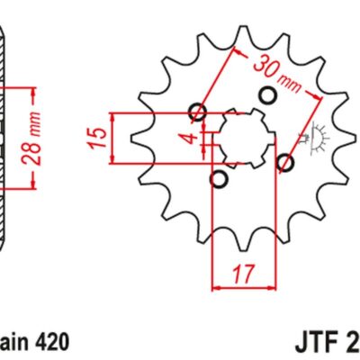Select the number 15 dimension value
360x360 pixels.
point(102,138)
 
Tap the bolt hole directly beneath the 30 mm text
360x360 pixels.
point(266,95)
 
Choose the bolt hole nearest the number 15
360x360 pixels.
point(199,112)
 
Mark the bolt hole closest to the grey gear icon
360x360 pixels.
point(285,163)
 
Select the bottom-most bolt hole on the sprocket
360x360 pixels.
point(218,180)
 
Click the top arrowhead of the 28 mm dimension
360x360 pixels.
point(33,91)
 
